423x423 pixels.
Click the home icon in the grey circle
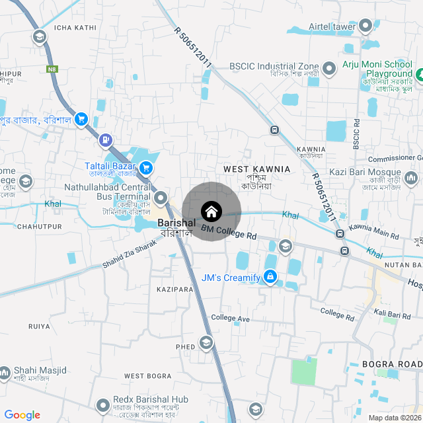[x=211, y=211]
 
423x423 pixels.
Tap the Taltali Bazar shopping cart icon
[x=146, y=167]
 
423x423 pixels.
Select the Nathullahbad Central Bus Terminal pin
[x=161, y=198]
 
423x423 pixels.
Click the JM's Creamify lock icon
[x=270, y=277]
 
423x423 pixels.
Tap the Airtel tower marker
[x=366, y=26]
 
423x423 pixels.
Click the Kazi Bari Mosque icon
[x=410, y=178]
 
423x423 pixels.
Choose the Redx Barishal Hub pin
[x=102, y=404]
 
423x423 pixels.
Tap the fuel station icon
[x=105, y=140]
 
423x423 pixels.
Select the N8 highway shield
[x=52, y=69]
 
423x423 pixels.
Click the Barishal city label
[x=176, y=223]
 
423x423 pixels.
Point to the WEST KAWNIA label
[x=256, y=170]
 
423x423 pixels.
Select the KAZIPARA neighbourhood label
[x=175, y=289]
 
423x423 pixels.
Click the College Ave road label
[x=231, y=319]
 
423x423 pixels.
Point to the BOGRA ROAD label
[x=392, y=365]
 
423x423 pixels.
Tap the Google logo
[x=22, y=415]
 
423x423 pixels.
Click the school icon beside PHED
[x=206, y=342]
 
